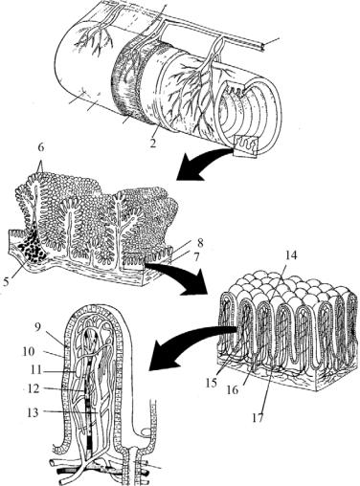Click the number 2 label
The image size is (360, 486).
click(x=153, y=144)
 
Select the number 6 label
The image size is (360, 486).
click(x=41, y=148)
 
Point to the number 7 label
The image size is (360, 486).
click(x=197, y=256)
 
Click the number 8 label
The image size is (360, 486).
click(x=200, y=243)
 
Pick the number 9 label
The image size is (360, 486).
click(x=38, y=328)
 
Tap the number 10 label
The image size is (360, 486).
click(x=31, y=351)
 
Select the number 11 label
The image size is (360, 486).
click(x=38, y=370)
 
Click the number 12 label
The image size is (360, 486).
click(x=33, y=389)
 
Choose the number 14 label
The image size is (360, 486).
click(x=290, y=255)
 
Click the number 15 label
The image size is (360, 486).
click(x=212, y=383)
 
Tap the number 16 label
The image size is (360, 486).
click(x=233, y=389)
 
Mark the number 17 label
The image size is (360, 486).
click(x=258, y=418)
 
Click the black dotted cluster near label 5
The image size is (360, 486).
click(x=32, y=247)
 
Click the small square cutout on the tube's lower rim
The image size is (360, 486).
click(x=245, y=145)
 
